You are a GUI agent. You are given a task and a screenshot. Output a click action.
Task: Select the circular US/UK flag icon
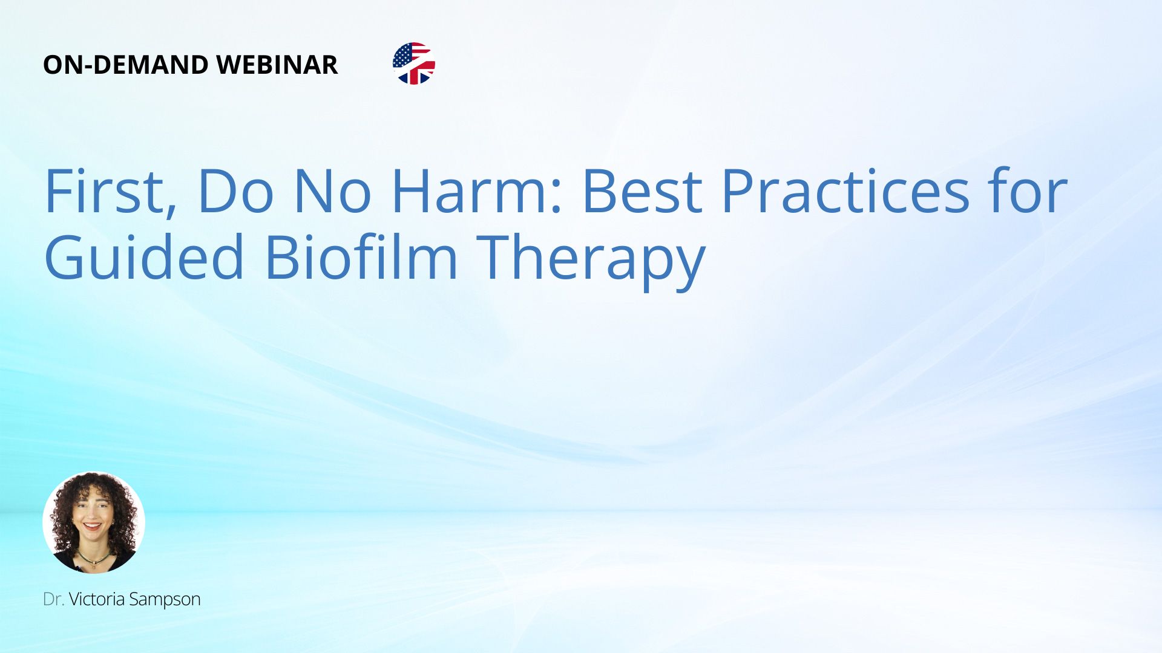(x=414, y=63)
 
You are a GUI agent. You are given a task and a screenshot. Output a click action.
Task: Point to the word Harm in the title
(x=471, y=191)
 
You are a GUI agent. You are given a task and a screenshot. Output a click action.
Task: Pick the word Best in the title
(x=641, y=191)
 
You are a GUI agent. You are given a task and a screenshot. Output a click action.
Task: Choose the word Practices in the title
(x=845, y=191)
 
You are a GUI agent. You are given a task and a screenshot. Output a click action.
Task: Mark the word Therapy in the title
(x=591, y=261)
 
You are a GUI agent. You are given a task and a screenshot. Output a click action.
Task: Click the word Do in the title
(x=234, y=191)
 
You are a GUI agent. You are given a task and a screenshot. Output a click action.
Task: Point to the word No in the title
(x=332, y=191)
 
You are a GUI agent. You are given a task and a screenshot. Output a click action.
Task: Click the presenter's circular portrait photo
(x=94, y=522)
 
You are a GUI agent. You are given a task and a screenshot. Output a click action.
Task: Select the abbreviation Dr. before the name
(x=53, y=599)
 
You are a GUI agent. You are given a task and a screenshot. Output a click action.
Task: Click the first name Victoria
(x=97, y=599)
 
